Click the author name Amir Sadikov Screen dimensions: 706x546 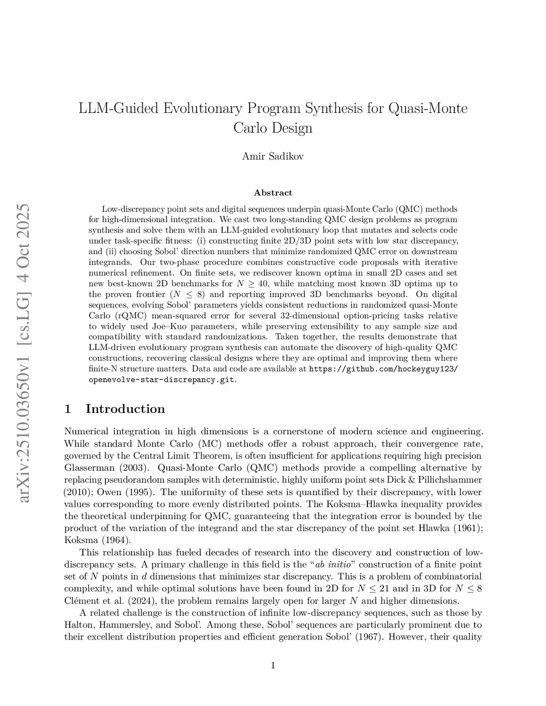click(272, 156)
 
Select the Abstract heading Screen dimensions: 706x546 click(272, 192)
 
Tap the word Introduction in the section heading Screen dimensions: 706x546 click(125, 409)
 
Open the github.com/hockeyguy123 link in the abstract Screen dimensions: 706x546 click(383, 369)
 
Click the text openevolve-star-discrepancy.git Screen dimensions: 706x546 click(161, 380)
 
